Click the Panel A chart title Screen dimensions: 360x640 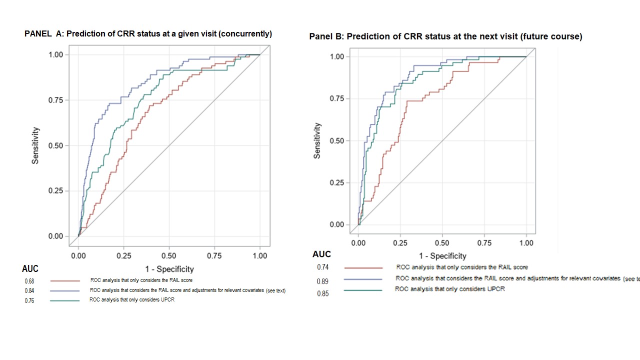[x=148, y=34]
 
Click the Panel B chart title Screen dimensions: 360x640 [x=445, y=36]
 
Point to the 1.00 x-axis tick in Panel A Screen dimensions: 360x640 [x=259, y=255]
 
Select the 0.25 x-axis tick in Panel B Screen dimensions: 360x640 [x=400, y=243]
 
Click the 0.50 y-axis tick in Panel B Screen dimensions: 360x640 [x=337, y=141]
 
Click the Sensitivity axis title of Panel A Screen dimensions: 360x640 [x=35, y=145]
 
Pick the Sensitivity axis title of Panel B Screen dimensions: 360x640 [x=317, y=141]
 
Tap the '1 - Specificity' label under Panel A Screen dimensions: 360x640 [x=169, y=269]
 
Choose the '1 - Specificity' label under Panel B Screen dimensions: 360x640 [x=442, y=256]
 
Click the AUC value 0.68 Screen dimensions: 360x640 [x=29, y=281]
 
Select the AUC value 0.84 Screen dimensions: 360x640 [x=29, y=291]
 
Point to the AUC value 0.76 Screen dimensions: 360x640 [x=29, y=301]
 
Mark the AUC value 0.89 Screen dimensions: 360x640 [x=322, y=281]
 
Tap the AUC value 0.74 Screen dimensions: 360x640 [x=322, y=267]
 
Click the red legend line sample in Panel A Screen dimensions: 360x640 [x=64, y=281]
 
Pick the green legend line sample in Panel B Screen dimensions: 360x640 [x=363, y=290]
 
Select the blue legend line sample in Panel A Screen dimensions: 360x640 [x=64, y=290]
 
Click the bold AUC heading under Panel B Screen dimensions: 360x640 [x=321, y=254]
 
